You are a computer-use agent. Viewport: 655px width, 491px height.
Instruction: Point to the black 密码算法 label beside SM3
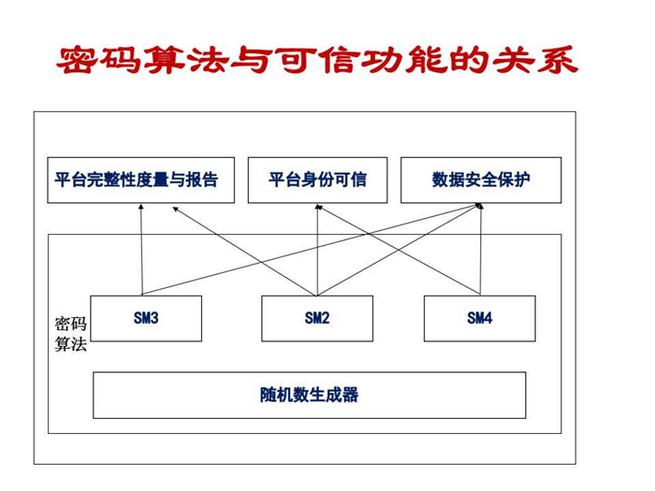pos(70,334)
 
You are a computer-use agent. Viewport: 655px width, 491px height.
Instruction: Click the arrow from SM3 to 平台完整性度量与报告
pos(141,250)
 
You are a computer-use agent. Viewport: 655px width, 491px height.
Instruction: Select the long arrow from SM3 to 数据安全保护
pos(313,250)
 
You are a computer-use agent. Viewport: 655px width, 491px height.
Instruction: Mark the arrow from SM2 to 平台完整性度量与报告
pos(245,252)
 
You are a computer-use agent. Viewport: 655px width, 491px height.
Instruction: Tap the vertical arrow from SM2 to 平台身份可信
pos(317,250)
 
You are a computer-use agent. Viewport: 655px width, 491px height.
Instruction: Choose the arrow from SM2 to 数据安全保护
pos(400,250)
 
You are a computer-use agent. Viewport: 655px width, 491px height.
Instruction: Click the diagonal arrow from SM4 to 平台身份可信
pos(398,250)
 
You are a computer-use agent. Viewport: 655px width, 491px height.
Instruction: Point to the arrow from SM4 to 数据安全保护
pos(481,250)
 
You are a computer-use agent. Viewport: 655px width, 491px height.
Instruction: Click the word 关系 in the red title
pos(535,60)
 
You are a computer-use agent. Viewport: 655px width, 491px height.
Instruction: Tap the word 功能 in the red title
pos(405,60)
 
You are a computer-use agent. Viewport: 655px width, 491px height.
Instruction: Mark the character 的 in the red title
pos(470,60)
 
